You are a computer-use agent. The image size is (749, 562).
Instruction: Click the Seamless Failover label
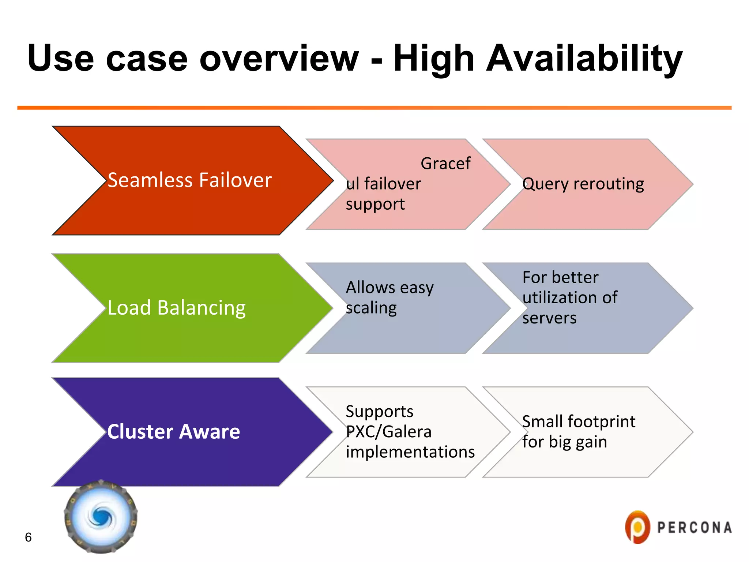189,180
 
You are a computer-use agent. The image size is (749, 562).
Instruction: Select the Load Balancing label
176,308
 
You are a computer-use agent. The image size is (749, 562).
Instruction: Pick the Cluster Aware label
173,432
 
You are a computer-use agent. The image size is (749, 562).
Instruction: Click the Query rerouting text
583,184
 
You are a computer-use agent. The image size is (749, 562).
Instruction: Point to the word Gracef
445,163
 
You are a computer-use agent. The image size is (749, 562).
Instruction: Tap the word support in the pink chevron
375,204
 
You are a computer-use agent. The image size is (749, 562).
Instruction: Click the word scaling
371,308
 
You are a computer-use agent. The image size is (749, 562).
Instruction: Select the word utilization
561,297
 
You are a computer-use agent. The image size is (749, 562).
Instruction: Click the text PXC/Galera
388,432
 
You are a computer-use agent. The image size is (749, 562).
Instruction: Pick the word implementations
410,452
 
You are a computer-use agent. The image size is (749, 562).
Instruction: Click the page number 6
28,537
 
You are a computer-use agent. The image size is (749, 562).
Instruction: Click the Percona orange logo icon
637,527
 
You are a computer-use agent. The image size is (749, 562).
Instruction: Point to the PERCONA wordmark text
695,528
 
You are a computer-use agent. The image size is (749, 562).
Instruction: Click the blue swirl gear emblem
101,517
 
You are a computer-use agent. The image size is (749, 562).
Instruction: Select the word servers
549,318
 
